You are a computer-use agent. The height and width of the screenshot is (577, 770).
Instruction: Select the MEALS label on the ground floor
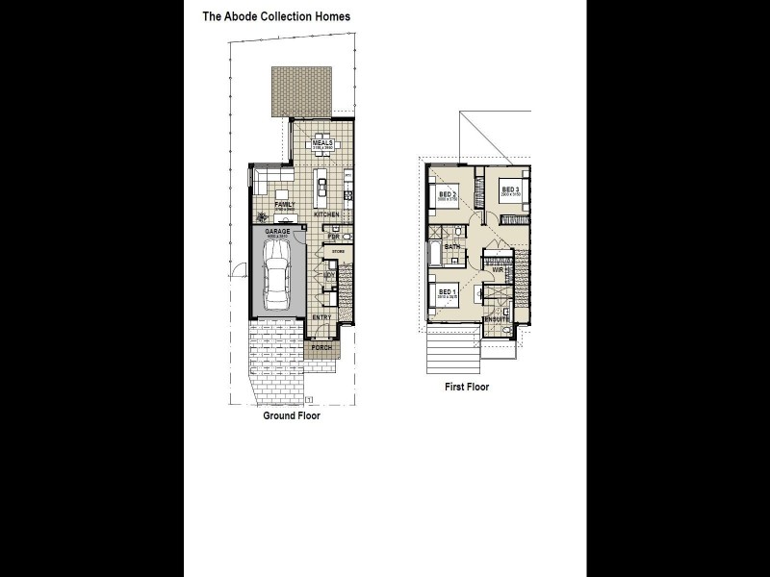tap(322, 142)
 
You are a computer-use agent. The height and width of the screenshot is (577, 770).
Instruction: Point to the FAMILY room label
tap(284, 204)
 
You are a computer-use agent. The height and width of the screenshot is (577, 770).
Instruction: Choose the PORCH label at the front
tap(321, 347)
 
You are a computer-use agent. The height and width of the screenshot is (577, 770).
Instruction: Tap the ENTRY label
tap(321, 316)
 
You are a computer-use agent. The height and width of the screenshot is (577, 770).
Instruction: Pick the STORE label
tap(337, 252)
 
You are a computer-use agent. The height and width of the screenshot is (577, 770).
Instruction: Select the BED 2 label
tap(447, 194)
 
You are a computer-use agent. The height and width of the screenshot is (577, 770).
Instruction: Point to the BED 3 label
tap(510, 189)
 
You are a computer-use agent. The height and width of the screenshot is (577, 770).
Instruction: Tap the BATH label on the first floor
tap(451, 247)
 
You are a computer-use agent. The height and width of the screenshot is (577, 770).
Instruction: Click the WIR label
tap(498, 270)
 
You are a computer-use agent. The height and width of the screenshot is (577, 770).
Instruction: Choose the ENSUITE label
tap(497, 318)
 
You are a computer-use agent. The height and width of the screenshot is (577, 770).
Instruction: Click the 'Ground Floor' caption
tap(292, 416)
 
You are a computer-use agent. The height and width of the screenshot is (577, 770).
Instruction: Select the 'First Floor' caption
tap(466, 387)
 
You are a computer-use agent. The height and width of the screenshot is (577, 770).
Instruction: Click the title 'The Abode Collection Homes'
tap(275, 16)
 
